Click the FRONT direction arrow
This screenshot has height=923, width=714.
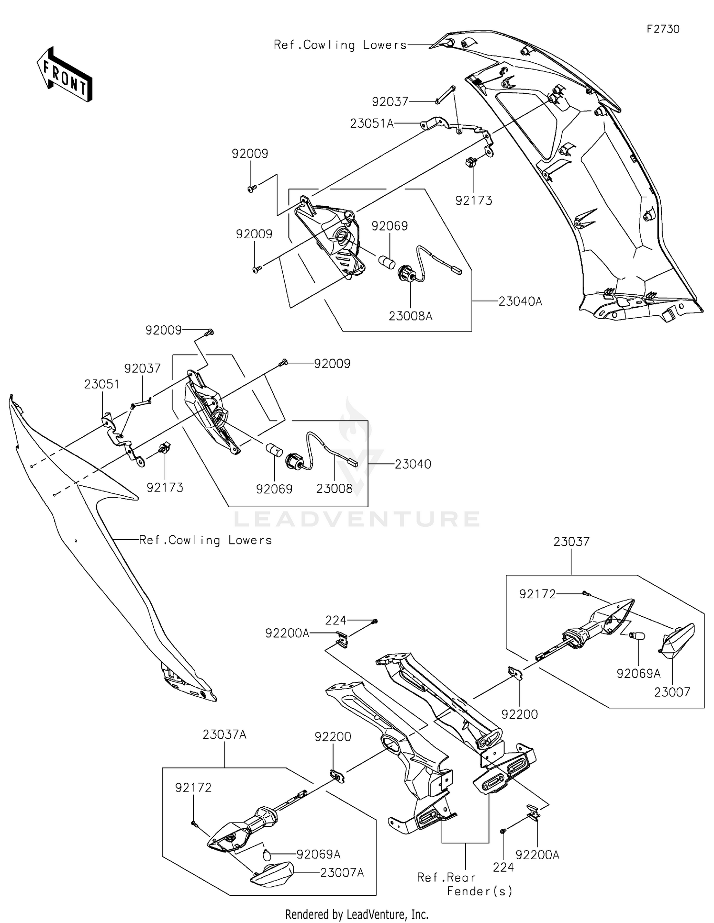pyautogui.click(x=65, y=75)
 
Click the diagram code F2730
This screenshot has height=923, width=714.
pyautogui.click(x=663, y=29)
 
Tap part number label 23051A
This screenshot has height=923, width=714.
pyautogui.click(x=372, y=124)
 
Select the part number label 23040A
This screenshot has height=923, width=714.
pyautogui.click(x=520, y=301)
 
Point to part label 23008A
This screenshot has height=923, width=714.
pyautogui.click(x=410, y=316)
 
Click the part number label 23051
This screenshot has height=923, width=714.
pyautogui.click(x=101, y=384)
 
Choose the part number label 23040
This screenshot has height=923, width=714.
pyautogui.click(x=413, y=464)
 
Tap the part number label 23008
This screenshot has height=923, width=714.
pyautogui.click(x=334, y=489)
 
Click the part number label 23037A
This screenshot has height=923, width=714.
pyautogui.click(x=224, y=734)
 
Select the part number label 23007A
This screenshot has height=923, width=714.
pyautogui.click(x=342, y=873)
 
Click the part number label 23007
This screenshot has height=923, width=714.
pyautogui.click(x=672, y=692)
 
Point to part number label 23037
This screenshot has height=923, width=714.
pyautogui.click(x=571, y=542)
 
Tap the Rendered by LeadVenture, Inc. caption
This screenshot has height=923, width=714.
pyautogui.click(x=357, y=914)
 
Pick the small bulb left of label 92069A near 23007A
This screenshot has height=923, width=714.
pyautogui.click(x=268, y=854)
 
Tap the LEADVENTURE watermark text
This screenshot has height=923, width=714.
pyautogui.click(x=357, y=519)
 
